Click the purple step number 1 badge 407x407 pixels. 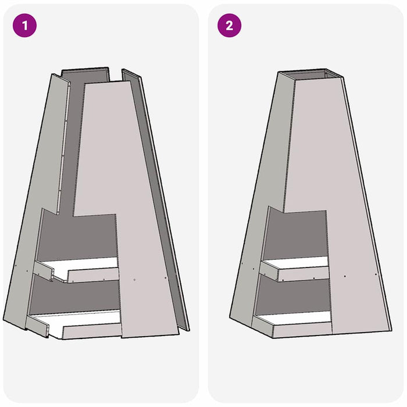[24, 26]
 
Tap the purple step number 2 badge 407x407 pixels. [229, 26]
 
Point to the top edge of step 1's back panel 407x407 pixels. [85, 69]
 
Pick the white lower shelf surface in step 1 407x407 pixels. [78, 320]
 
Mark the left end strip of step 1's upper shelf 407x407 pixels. [43, 270]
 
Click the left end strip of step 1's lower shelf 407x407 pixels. [37, 326]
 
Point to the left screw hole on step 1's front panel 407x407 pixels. [134, 280]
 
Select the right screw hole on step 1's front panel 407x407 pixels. [166, 278]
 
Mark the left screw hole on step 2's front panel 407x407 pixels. [345, 276]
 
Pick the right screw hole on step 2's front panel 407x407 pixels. [376, 274]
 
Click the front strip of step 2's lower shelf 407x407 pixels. [302, 330]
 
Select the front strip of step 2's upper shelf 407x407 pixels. [304, 274]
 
